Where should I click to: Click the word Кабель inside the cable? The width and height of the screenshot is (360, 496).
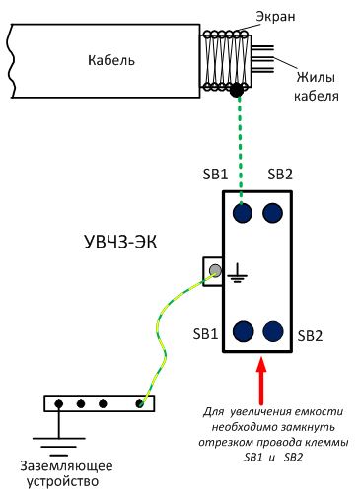point(111,60)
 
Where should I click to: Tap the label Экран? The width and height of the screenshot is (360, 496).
point(275,17)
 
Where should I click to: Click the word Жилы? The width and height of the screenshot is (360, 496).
point(316,78)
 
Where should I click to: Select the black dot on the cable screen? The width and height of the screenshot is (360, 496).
point(237,90)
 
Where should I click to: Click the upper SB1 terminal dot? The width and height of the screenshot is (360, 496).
point(243,213)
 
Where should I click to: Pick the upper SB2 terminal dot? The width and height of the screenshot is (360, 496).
point(272,213)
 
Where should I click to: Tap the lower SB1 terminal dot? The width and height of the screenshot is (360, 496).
point(243,331)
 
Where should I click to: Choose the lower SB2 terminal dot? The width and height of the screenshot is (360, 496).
point(273,331)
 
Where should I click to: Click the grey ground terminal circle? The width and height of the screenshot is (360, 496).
point(216,270)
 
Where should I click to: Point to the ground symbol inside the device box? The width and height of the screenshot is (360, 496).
point(238,273)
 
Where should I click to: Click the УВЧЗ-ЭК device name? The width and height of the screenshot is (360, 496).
point(120,243)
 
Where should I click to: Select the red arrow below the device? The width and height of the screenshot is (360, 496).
point(261,381)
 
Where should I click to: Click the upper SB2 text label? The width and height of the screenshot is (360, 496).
point(280,174)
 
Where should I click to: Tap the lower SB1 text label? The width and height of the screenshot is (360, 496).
point(205,334)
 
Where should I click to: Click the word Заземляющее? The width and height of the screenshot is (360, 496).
point(66,466)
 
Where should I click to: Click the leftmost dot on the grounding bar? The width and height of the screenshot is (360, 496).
point(59,403)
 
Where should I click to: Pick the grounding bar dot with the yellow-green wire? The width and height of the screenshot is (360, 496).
point(140,403)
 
